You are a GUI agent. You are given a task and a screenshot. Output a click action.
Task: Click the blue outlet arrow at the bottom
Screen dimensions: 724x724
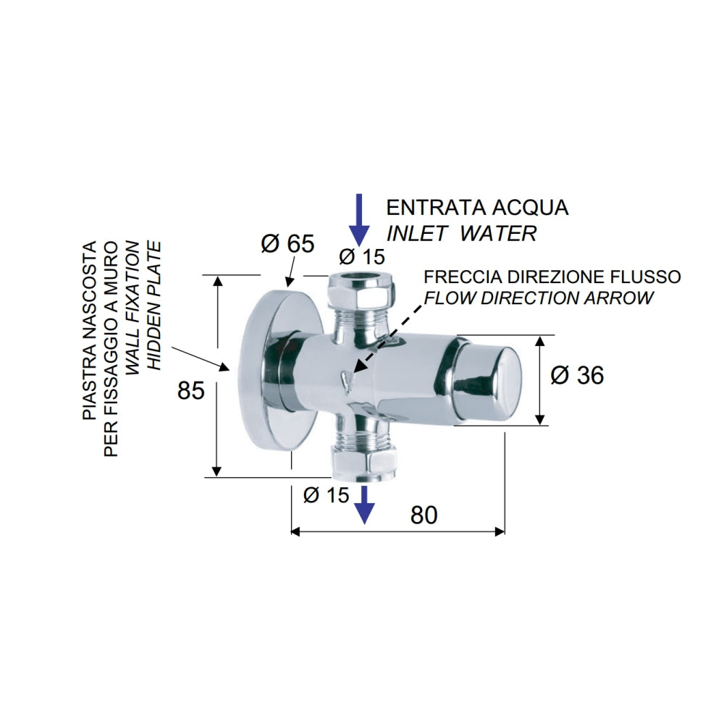tap(365, 504)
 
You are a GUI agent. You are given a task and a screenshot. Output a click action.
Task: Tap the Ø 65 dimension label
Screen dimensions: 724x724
tap(287, 244)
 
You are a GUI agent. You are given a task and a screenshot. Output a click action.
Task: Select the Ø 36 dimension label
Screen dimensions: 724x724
tap(577, 375)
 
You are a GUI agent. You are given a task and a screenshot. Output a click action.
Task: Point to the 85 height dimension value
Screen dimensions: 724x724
tap(192, 390)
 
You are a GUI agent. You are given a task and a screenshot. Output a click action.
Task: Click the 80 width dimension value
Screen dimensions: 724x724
tap(424, 515)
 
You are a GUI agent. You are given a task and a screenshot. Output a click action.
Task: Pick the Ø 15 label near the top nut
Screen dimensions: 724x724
tap(362, 256)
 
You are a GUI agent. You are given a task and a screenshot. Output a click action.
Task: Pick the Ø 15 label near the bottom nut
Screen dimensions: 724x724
tap(326, 495)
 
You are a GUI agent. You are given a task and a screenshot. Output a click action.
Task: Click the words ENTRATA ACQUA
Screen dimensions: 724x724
tap(477, 208)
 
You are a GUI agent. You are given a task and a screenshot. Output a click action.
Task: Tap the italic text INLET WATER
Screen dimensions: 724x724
tap(461, 233)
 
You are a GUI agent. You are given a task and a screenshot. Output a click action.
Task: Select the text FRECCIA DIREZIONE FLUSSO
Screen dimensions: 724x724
tap(552, 277)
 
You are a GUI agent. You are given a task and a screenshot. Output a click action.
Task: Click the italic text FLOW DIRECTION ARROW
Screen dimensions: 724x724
tap(539, 298)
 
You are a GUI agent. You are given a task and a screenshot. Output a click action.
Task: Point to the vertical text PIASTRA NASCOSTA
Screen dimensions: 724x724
tap(89, 331)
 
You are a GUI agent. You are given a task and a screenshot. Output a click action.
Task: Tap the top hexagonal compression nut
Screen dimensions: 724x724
tap(362, 292)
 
